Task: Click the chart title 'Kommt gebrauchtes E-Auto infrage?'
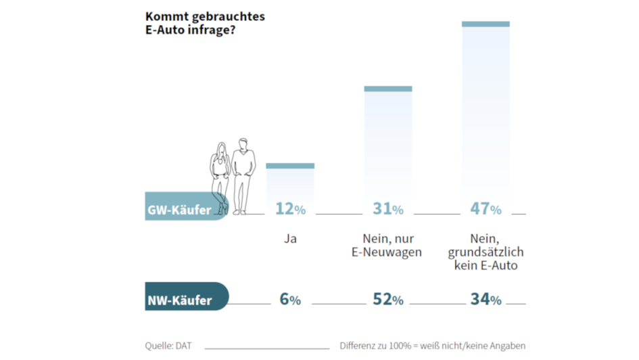[205, 23]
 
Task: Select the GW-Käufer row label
[179, 210]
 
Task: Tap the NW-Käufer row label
[179, 300]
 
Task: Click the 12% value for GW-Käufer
[290, 209]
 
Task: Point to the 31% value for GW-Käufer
[388, 209]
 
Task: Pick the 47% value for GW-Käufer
[486, 209]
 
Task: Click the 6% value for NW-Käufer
[290, 299]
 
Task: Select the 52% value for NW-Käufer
[388, 299]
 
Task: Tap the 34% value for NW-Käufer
[486, 299]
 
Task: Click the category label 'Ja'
[290, 239]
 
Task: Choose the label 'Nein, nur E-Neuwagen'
[388, 246]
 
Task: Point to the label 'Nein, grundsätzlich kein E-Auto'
[486, 252]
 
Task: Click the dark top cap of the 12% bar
[290, 166]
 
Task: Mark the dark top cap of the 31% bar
[388, 89]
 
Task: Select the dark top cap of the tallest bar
[486, 24]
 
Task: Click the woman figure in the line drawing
[220, 177]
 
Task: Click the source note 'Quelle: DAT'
[168, 346]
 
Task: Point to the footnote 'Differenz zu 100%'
[433, 346]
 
